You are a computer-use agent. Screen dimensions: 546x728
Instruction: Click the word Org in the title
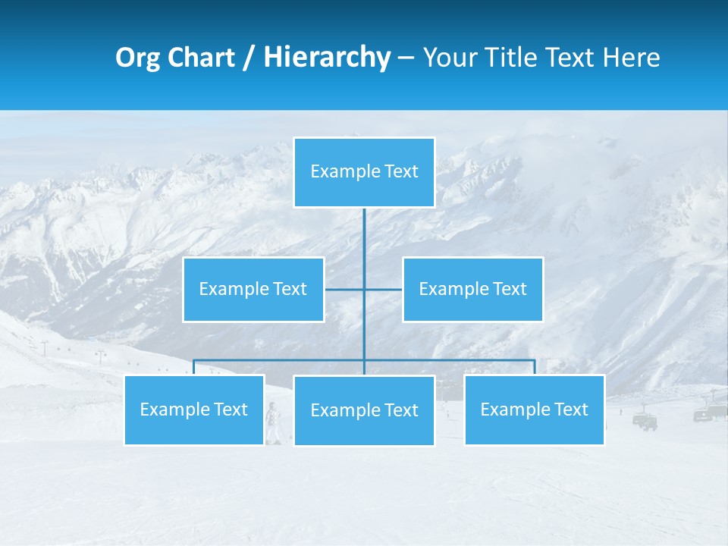[x=139, y=58]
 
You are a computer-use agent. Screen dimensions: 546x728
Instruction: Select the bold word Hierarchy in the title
[x=327, y=58]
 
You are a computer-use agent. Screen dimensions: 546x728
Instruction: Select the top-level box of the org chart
[x=364, y=172]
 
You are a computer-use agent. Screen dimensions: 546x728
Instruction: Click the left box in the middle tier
[x=253, y=289]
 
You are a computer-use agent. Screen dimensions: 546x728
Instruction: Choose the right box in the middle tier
[x=473, y=289]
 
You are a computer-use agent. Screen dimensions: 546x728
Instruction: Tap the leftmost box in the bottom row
[x=194, y=409]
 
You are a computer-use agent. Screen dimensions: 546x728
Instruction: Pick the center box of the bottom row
[x=364, y=410]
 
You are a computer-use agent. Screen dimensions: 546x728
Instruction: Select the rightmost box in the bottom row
[x=535, y=409]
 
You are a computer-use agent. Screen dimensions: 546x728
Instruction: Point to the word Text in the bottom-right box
[x=571, y=409]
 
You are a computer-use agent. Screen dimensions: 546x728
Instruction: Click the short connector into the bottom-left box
[x=194, y=367]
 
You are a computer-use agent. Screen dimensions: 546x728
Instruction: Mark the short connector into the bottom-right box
[x=535, y=367]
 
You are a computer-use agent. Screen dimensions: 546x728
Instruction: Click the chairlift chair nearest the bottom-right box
[x=645, y=420]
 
